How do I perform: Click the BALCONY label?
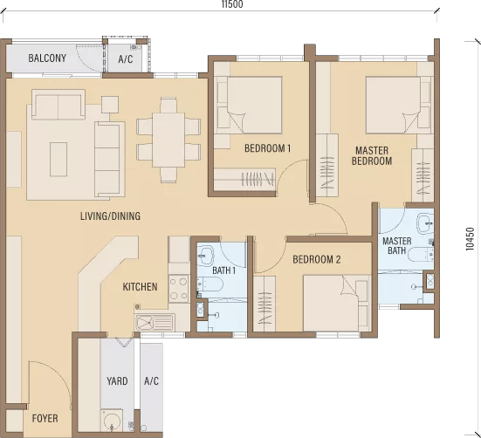[47, 58]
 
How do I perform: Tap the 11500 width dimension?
[232, 4]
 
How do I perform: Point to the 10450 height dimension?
[470, 239]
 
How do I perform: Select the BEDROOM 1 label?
[267, 148]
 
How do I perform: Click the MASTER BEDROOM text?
[372, 155]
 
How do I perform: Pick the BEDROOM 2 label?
[317, 260]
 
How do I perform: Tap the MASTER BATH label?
[397, 246]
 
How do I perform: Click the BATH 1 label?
[224, 270]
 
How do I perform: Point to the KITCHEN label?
[140, 287]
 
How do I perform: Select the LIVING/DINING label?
[111, 216]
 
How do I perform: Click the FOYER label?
[45, 419]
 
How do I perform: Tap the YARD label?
[117, 381]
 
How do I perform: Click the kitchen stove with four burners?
[179, 288]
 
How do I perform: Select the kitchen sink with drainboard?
[155, 322]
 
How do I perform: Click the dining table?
[168, 140]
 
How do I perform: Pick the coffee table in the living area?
[58, 159]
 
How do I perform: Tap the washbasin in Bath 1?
[205, 256]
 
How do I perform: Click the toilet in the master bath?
[420, 255]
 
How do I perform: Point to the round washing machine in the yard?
[112, 421]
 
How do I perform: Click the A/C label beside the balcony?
[126, 58]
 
